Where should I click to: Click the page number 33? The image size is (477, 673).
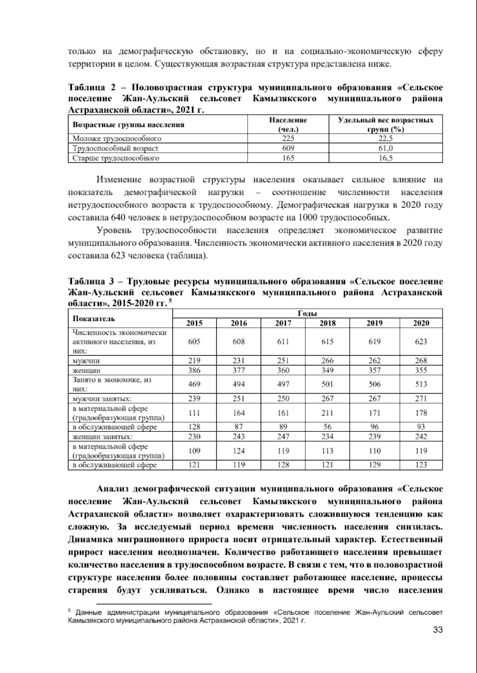pyautogui.click(x=437, y=630)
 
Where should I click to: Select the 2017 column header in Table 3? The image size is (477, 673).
pyautogui.click(x=283, y=323)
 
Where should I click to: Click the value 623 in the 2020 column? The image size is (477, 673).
pyautogui.click(x=421, y=342)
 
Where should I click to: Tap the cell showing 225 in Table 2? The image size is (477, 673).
pyautogui.click(x=288, y=138)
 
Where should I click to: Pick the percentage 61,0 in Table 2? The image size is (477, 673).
pyautogui.click(x=385, y=148)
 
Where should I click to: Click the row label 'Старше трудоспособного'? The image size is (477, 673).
pyautogui.click(x=116, y=158)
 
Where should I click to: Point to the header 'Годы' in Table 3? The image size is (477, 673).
pyautogui.click(x=307, y=314)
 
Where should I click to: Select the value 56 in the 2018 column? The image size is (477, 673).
pyautogui.click(x=328, y=427)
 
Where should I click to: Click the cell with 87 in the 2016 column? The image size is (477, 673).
pyautogui.click(x=239, y=427)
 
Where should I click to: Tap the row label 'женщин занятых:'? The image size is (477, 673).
pyautogui.click(x=102, y=436)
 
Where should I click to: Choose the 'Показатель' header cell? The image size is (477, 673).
pyautogui.click(x=94, y=318)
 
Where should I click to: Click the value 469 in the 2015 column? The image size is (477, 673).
pyautogui.click(x=194, y=384)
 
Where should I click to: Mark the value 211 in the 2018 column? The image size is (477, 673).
pyautogui.click(x=328, y=413)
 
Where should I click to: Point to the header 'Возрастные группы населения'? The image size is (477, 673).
pyautogui.click(x=129, y=125)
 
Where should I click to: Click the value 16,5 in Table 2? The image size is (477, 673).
pyautogui.click(x=385, y=158)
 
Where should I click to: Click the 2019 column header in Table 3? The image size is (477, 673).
pyautogui.click(x=374, y=323)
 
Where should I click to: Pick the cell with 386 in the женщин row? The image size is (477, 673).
pyautogui.click(x=194, y=370)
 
